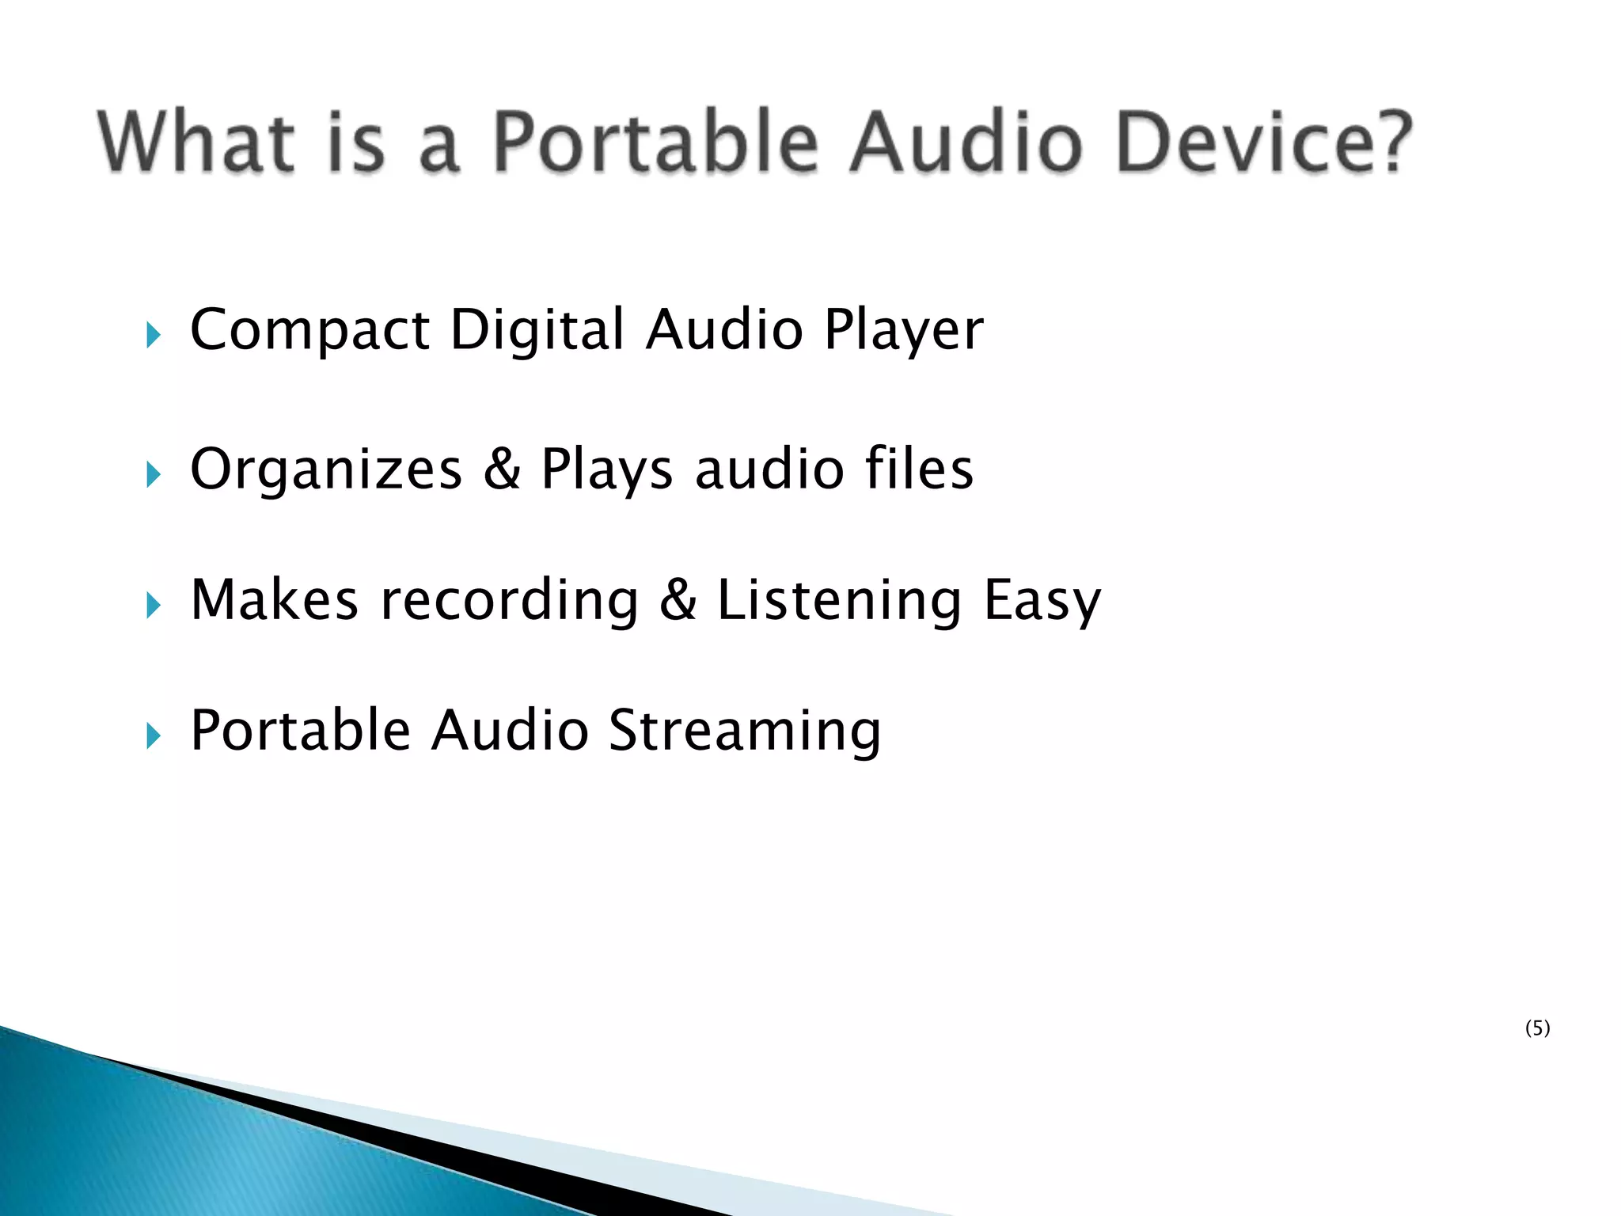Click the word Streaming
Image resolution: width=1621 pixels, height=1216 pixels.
click(744, 730)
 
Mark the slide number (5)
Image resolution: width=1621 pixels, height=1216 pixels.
click(1537, 1028)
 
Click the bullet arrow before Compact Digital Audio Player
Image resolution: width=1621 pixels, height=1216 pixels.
click(154, 336)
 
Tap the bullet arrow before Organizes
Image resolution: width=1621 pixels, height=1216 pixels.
click(154, 475)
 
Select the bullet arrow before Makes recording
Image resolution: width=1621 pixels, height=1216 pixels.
click(154, 606)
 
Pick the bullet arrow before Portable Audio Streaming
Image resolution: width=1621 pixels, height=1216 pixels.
click(154, 737)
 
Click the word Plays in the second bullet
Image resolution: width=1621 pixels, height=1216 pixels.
click(606, 469)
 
